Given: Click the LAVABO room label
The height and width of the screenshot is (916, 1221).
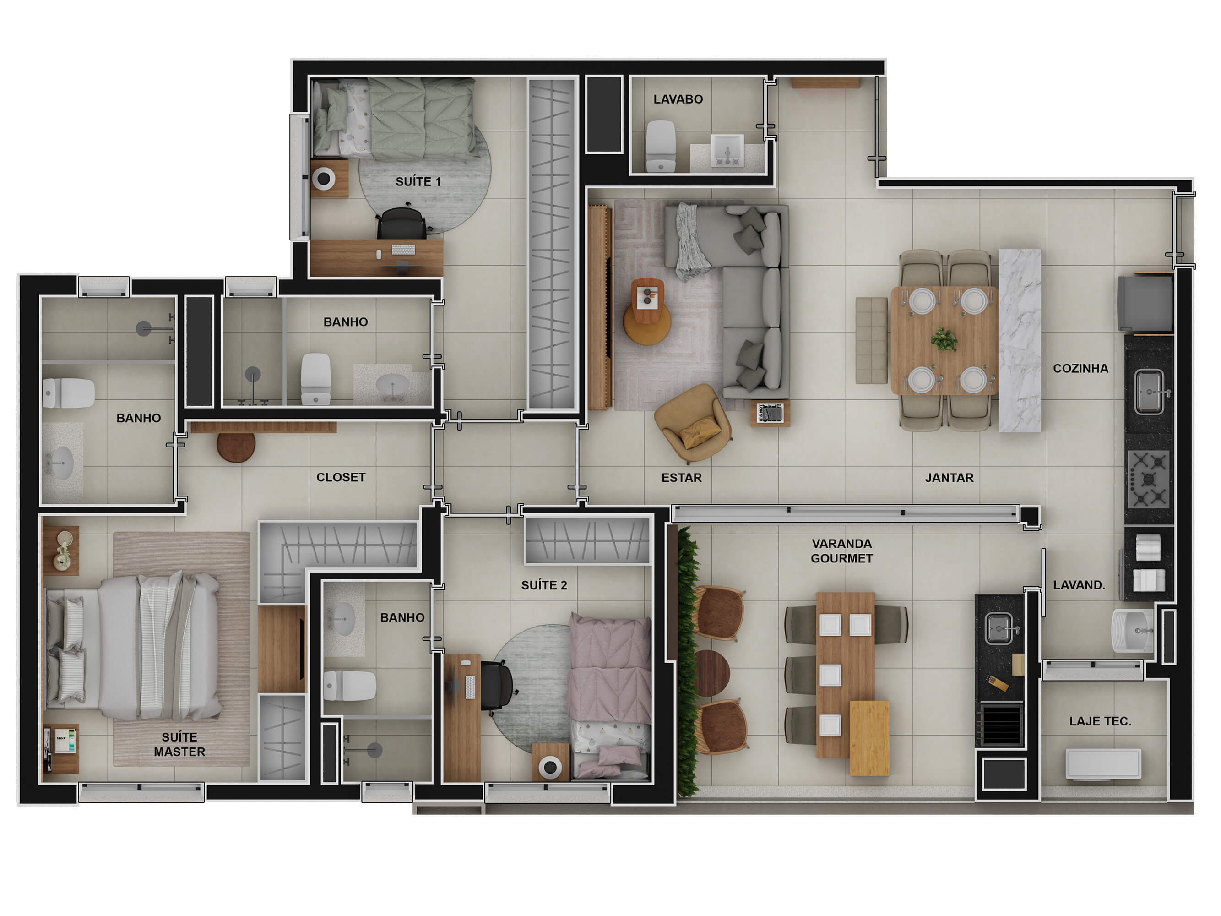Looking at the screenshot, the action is (x=678, y=99).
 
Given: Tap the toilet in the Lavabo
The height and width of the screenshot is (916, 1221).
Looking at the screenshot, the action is (x=660, y=146).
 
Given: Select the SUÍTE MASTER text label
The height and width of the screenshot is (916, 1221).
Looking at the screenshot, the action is (x=179, y=744).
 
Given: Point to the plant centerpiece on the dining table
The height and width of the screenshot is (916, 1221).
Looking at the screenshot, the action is (x=944, y=339).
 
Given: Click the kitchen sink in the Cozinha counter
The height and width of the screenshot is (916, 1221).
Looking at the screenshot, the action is (x=1149, y=392).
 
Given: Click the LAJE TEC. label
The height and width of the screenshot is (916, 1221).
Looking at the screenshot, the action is (x=1100, y=721).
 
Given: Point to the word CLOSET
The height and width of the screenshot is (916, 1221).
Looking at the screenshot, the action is (x=341, y=477).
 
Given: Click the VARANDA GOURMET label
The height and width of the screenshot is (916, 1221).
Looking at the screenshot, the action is (x=842, y=551).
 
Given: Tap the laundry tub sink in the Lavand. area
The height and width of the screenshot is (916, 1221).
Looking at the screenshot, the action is (x=1133, y=631).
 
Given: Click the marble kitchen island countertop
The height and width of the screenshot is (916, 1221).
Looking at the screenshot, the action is (x=1020, y=340).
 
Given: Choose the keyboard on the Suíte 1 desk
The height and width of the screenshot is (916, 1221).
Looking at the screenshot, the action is (x=403, y=250).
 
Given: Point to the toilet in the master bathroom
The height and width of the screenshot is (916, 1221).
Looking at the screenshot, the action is (x=69, y=393).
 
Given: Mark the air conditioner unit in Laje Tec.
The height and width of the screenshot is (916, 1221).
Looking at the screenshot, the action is (x=1103, y=764).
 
